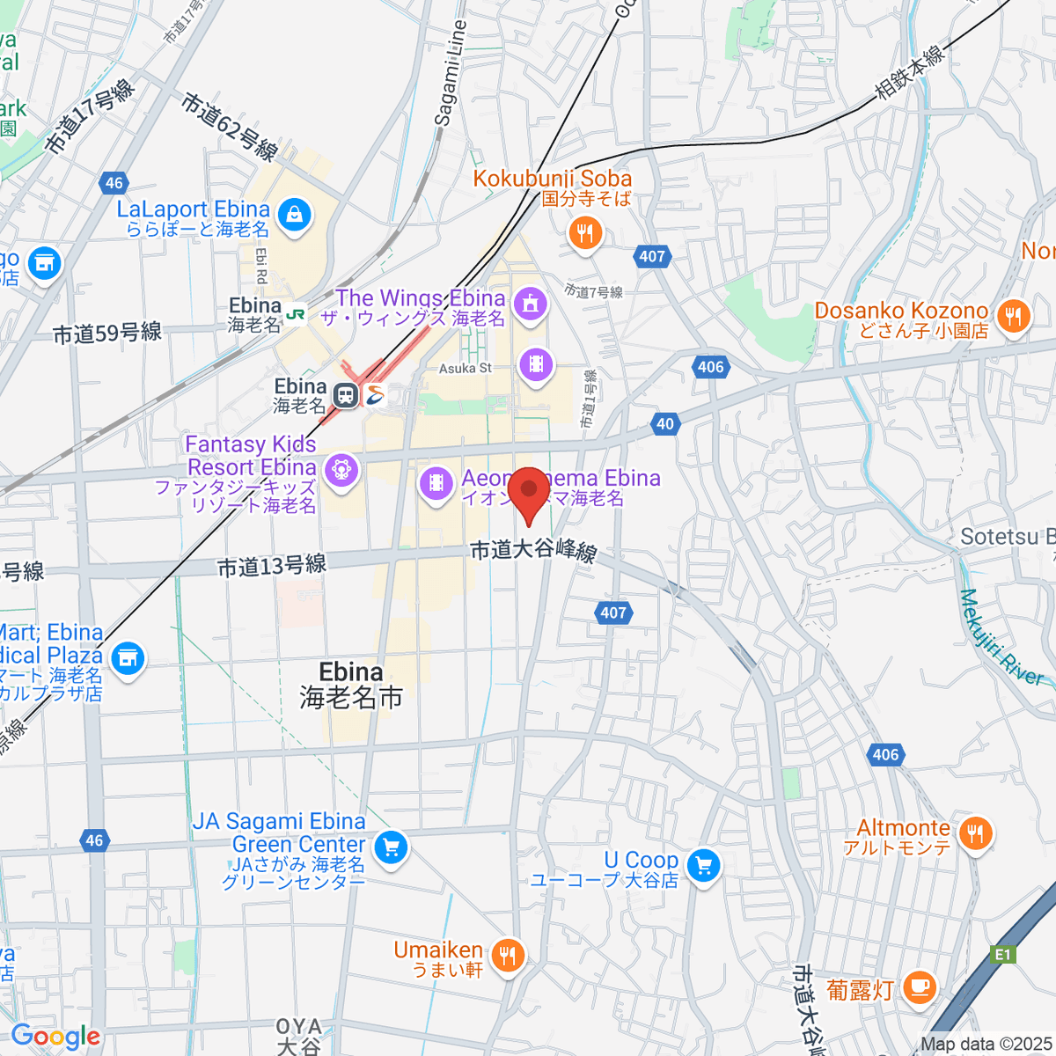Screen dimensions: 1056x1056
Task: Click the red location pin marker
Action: pyautogui.click(x=529, y=493)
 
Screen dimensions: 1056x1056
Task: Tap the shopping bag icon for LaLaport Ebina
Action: pyautogui.click(x=294, y=215)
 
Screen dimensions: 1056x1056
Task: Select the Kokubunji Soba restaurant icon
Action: pyautogui.click(x=585, y=233)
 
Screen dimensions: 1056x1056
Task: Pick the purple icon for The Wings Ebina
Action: pyautogui.click(x=531, y=304)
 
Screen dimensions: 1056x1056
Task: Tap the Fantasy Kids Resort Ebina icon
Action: pyautogui.click(x=341, y=469)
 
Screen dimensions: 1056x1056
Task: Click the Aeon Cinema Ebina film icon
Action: pyautogui.click(x=436, y=482)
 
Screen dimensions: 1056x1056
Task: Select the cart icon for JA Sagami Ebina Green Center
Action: pyautogui.click(x=390, y=848)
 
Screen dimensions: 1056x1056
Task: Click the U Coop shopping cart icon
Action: pyautogui.click(x=703, y=866)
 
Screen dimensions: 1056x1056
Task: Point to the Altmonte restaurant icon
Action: pyautogui.click(x=975, y=832)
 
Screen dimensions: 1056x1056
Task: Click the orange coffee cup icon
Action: pyautogui.click(x=920, y=986)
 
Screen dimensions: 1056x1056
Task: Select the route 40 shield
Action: pyautogui.click(x=665, y=423)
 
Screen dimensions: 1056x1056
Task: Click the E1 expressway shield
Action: pyautogui.click(x=1003, y=954)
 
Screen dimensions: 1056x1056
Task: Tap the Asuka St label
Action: pyautogui.click(x=466, y=369)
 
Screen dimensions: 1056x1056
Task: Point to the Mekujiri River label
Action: pyautogui.click(x=1001, y=639)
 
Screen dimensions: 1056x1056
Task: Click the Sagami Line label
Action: pyautogui.click(x=449, y=74)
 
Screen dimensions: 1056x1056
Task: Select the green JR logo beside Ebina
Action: pyautogui.click(x=296, y=313)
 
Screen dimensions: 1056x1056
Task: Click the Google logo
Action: pyautogui.click(x=55, y=1036)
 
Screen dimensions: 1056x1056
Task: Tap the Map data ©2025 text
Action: pyautogui.click(x=986, y=1045)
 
